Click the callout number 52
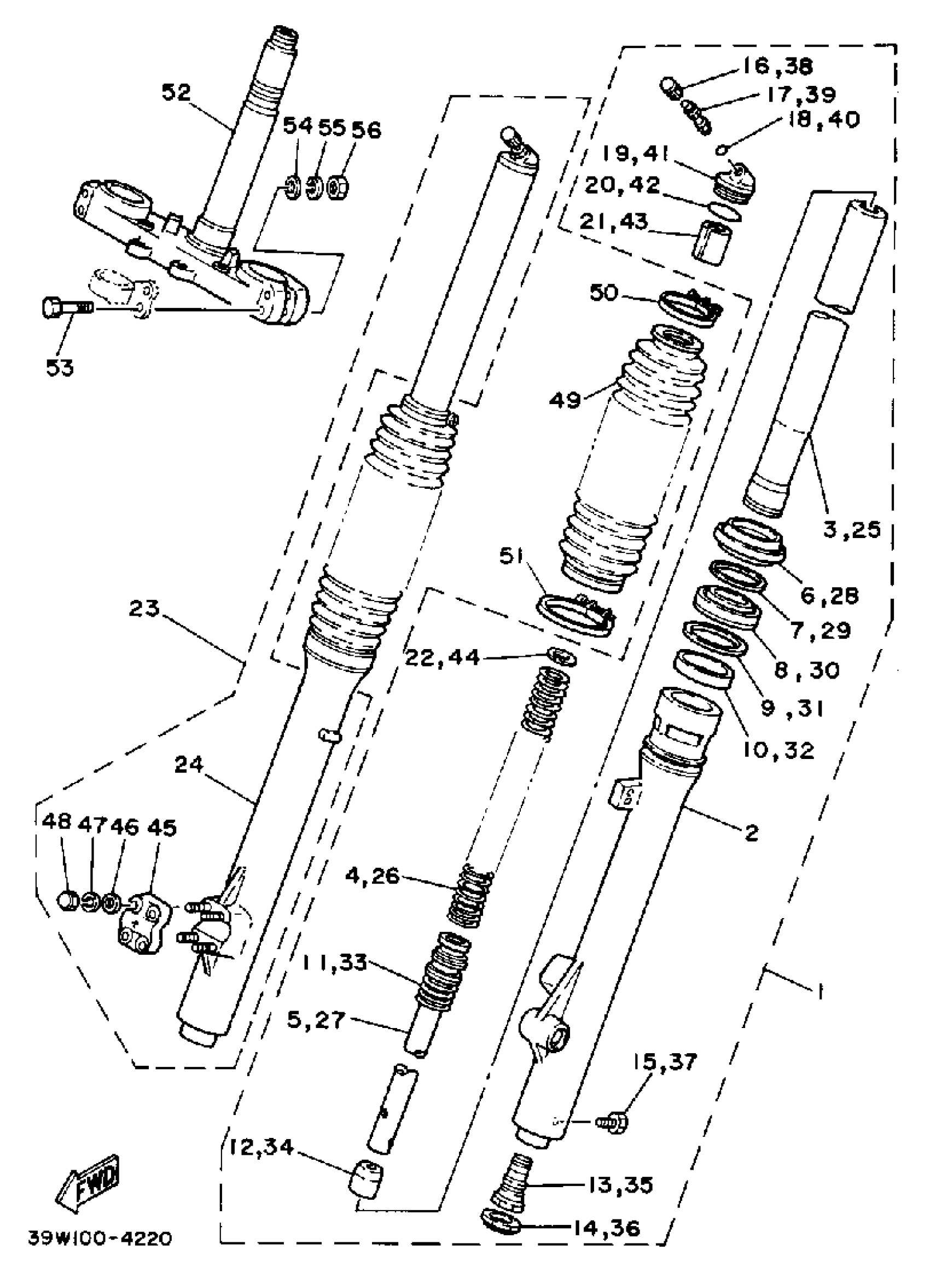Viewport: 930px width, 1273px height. [x=176, y=92]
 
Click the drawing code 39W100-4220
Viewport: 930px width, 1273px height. [x=100, y=1238]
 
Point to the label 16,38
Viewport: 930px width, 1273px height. [x=777, y=66]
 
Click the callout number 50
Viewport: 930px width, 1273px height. [x=603, y=293]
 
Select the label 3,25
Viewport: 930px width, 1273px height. [x=852, y=529]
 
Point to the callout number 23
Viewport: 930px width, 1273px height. [x=144, y=609]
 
